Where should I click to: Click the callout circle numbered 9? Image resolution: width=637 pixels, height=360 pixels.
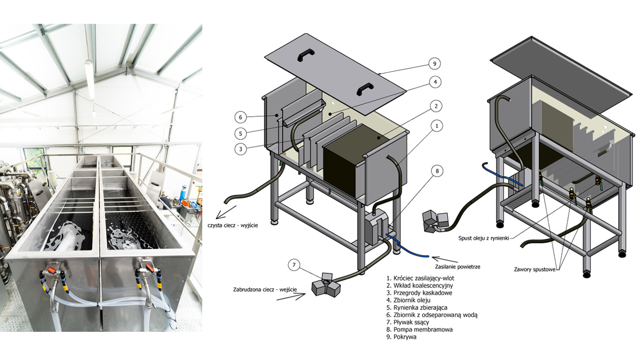(433, 64)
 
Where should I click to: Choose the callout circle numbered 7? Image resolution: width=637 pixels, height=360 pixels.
(295, 266)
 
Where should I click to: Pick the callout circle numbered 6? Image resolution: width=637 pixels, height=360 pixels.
(240, 117)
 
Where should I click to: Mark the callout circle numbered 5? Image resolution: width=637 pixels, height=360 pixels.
(240, 133)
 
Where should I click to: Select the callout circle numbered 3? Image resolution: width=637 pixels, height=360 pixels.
(240, 149)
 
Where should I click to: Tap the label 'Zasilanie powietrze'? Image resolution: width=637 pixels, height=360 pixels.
(457, 267)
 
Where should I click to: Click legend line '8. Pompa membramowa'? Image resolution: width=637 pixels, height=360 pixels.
(420, 329)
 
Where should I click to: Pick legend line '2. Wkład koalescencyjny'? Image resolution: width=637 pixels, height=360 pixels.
(420, 285)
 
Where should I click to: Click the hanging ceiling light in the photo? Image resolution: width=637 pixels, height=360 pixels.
(90, 79)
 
